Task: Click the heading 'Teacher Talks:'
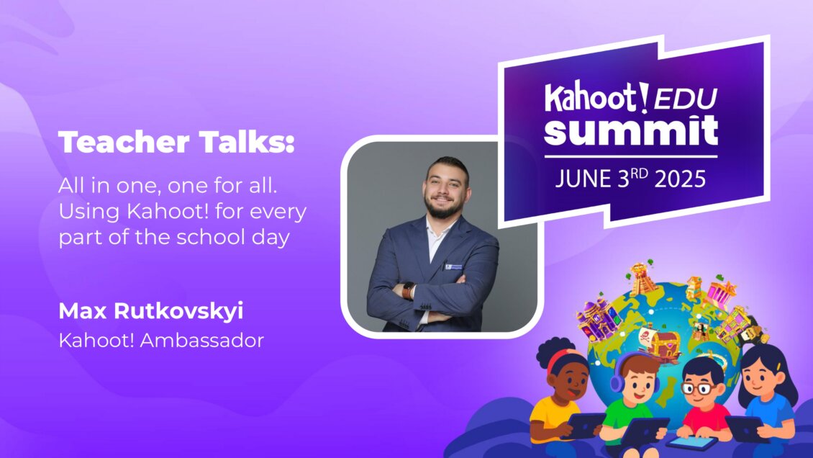point(176,143)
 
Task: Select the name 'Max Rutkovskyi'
point(150,312)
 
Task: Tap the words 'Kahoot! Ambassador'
point(161,340)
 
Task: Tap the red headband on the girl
point(561,357)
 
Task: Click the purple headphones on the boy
point(617,382)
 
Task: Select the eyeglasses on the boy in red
point(696,388)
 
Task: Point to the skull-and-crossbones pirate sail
point(648,335)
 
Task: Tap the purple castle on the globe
point(599,317)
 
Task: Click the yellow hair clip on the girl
point(779,374)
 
